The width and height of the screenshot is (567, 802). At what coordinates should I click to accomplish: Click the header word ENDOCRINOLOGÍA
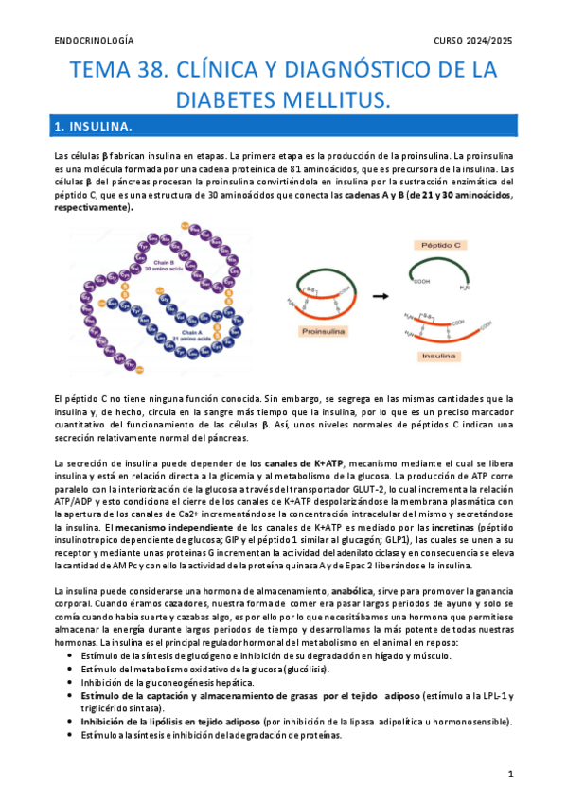coord(94,41)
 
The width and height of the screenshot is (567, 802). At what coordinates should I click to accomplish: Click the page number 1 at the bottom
coord(510,775)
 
